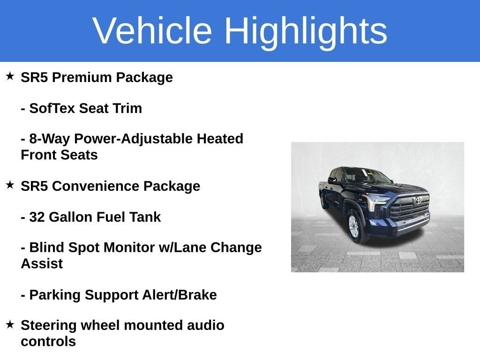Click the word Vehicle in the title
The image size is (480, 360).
[152, 30]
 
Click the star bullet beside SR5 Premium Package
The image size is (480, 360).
[10, 76]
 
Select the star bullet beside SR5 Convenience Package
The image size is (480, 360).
[10, 185]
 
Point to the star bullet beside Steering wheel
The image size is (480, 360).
[10, 324]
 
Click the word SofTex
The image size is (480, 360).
[52, 108]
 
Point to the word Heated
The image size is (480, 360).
[220, 138]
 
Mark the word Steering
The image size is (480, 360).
[48, 325]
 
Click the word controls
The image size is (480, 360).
[48, 341]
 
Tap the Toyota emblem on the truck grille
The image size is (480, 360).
[418, 201]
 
